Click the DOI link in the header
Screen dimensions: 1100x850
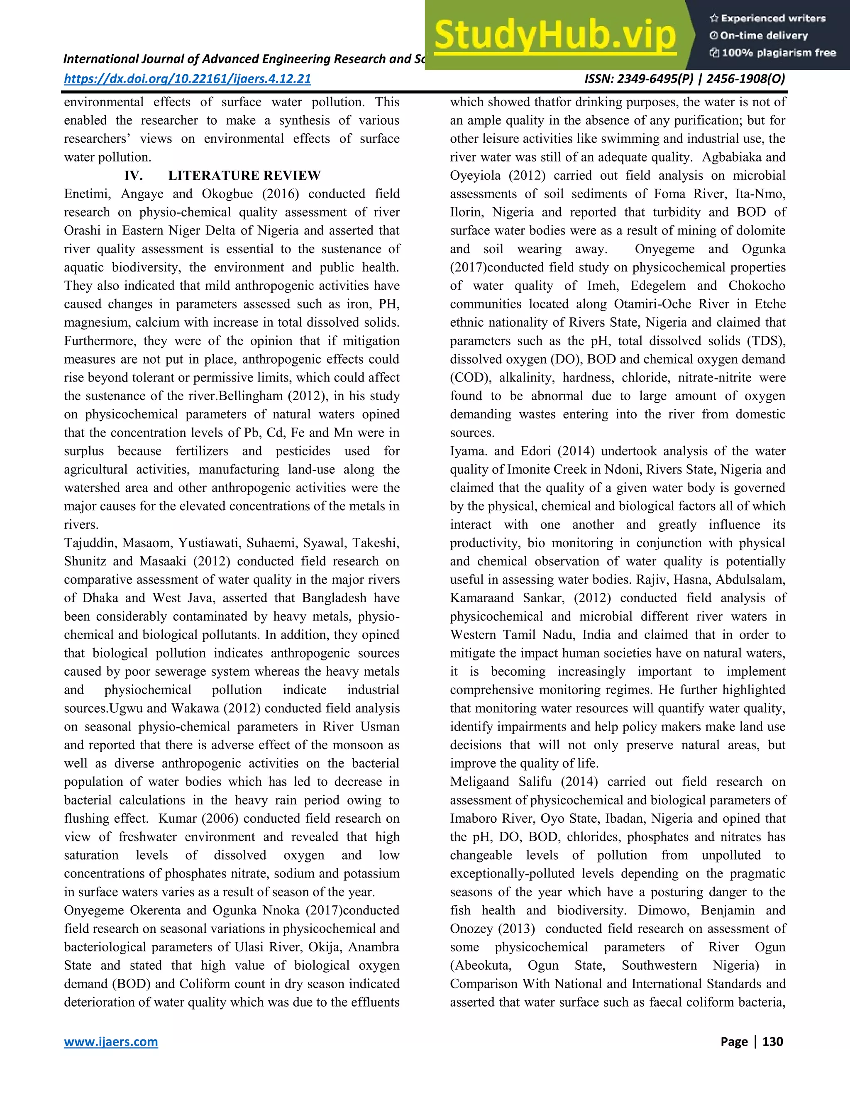[x=187, y=78]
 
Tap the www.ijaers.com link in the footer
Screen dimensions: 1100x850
[x=111, y=1041]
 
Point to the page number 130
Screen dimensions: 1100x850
[x=772, y=1041]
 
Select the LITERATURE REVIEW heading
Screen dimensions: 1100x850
[x=244, y=175]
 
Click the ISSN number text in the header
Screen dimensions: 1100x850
[x=684, y=78]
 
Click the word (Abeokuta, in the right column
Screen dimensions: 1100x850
[x=480, y=966]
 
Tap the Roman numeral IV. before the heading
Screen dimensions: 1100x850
[x=134, y=175]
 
